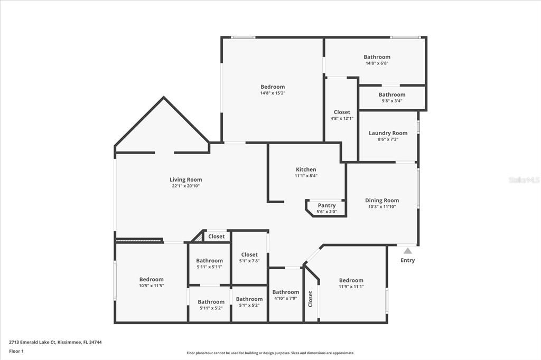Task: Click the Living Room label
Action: coord(185,179)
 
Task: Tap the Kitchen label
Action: coord(306,169)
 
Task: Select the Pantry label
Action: coord(327,205)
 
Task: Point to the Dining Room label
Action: coord(382,201)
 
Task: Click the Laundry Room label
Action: coord(388,133)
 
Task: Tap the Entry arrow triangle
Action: coord(408,251)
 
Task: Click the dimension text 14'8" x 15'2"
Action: coord(273,93)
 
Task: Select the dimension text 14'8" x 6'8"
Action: coord(377,63)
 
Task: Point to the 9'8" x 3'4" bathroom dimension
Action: coord(391,101)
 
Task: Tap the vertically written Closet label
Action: coord(311,299)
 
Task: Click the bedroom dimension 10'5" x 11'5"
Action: coord(152,286)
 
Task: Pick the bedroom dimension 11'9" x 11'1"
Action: coord(351,287)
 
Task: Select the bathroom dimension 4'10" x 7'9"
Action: coord(286,298)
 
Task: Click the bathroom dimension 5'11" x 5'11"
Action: coord(209,267)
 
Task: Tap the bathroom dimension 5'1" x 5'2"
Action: coord(249,305)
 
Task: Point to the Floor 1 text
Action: coord(16,351)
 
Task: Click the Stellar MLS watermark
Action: coord(524,180)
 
